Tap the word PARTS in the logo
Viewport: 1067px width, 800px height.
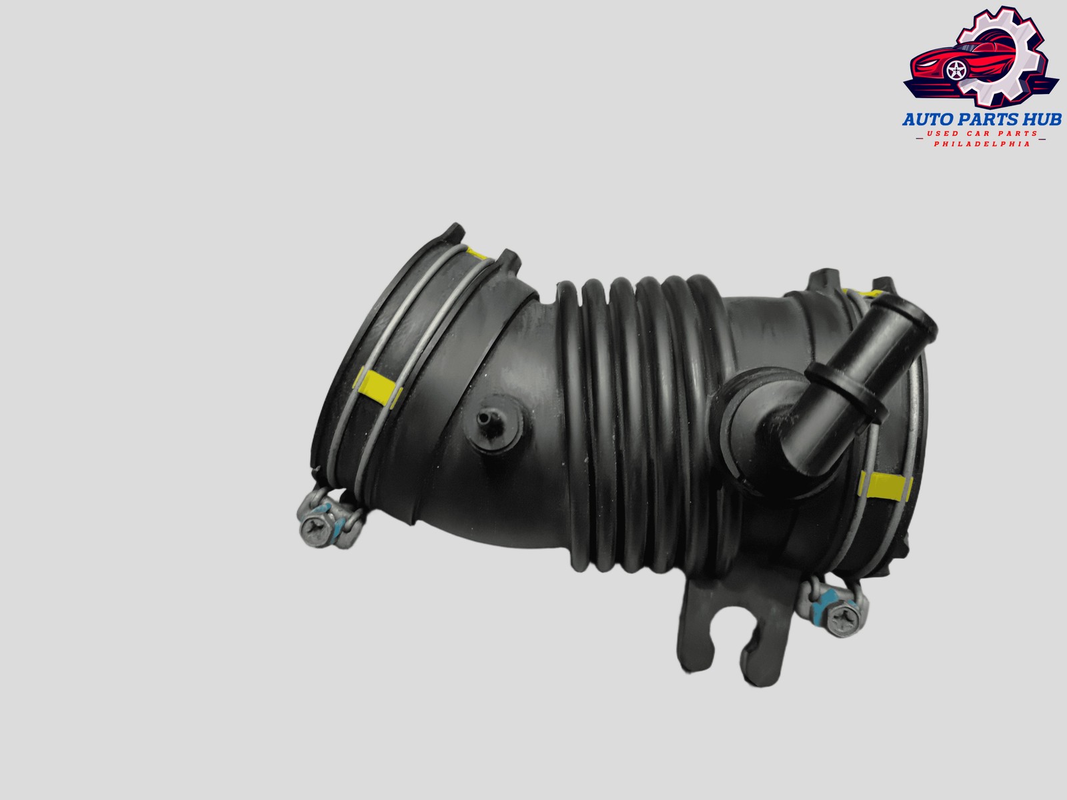click(978, 119)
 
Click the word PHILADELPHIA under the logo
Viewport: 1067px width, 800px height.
click(982, 144)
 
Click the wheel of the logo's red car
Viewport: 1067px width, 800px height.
click(956, 71)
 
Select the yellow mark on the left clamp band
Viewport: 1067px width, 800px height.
click(378, 387)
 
